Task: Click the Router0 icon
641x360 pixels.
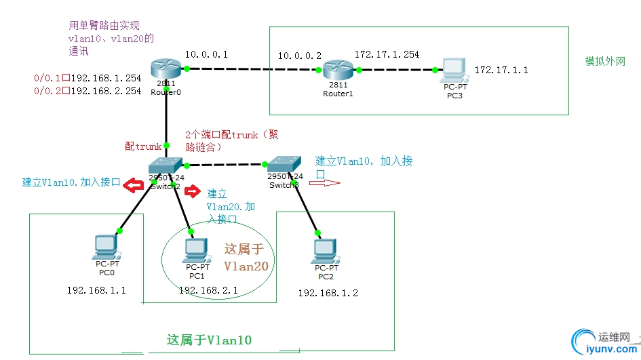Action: pyautogui.click(x=166, y=68)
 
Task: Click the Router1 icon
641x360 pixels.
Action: pyautogui.click(x=337, y=69)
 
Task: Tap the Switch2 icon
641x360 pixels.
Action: pyautogui.click(x=166, y=164)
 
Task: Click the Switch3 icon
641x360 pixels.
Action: pyautogui.click(x=284, y=164)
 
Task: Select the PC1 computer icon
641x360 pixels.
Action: pyautogui.click(x=195, y=250)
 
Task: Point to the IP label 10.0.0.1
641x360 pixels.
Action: pyautogui.click(x=207, y=54)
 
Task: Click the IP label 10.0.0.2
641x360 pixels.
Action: pyautogui.click(x=299, y=56)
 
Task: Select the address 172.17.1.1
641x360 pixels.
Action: pyautogui.click(x=501, y=70)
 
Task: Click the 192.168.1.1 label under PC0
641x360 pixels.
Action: pyautogui.click(x=96, y=290)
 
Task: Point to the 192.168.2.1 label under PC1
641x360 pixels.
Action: pyautogui.click(x=208, y=290)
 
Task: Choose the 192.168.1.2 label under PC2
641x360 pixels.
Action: pyautogui.click(x=328, y=293)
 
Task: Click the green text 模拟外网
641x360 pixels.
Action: pyautogui.click(x=605, y=62)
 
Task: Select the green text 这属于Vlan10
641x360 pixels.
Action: pyautogui.click(x=210, y=340)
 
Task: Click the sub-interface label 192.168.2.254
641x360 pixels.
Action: pyautogui.click(x=106, y=91)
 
